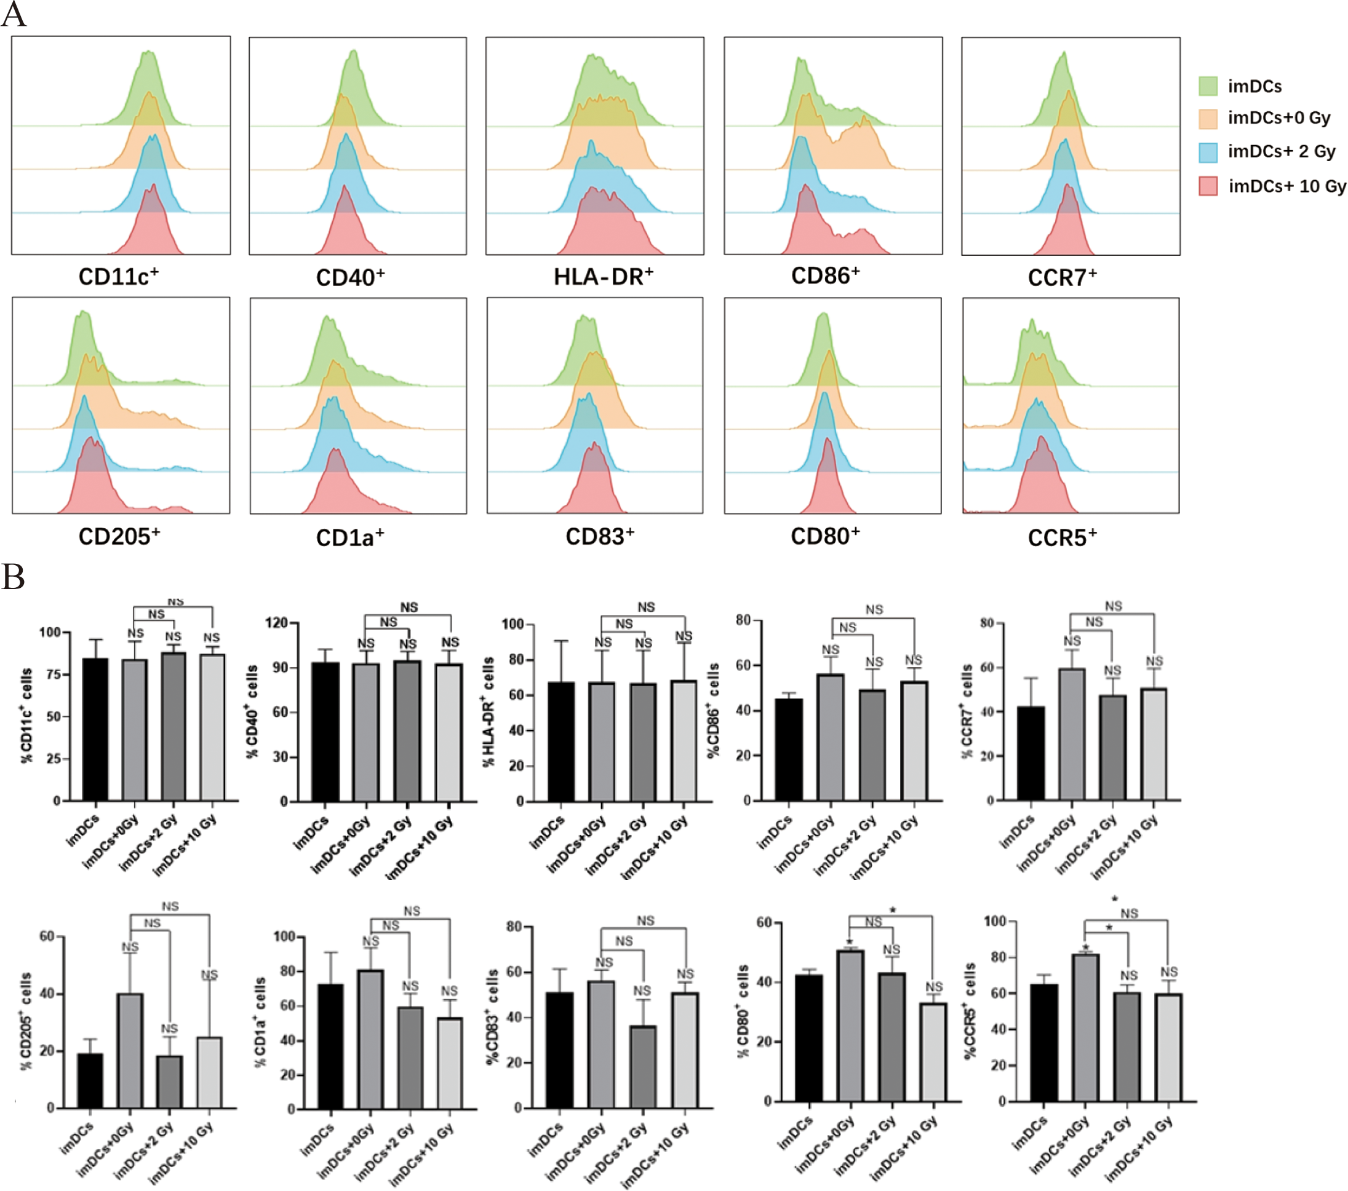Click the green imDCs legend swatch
coord(1208,86)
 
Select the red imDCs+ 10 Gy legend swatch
coord(1208,186)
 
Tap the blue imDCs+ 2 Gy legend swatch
coord(1208,152)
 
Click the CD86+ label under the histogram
coord(825,275)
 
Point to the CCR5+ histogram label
coord(1062,537)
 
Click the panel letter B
coord(13,577)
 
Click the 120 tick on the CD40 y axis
coord(276,623)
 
